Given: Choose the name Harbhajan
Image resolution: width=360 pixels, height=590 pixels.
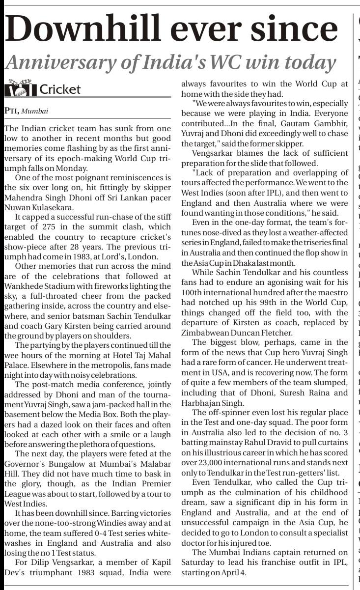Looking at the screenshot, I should tap(202, 403).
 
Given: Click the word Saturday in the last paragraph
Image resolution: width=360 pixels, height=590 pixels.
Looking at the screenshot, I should tap(198, 563).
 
